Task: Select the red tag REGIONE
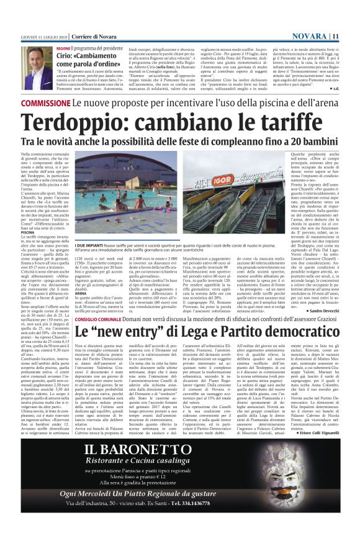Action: [63, 48]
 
